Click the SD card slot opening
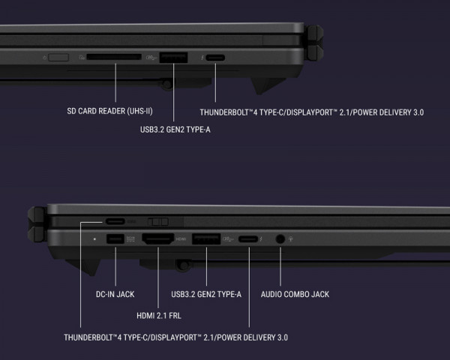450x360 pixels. click(x=114, y=57)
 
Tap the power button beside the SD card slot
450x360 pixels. click(x=58, y=58)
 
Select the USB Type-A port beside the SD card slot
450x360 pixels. click(x=173, y=58)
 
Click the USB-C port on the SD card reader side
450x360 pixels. click(x=215, y=58)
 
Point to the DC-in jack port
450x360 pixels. click(x=115, y=238)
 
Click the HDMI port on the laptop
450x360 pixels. click(x=158, y=238)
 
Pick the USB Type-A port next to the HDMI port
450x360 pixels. click(x=206, y=238)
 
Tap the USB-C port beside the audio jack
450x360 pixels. click(x=248, y=238)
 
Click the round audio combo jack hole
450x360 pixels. click(x=280, y=238)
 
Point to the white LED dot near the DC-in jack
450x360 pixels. click(x=94, y=238)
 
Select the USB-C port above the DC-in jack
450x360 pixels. click(x=115, y=221)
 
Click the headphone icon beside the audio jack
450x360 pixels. click(x=291, y=238)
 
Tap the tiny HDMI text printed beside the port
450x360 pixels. click(x=181, y=238)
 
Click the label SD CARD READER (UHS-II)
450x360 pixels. click(x=109, y=111)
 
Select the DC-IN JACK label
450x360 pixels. click(x=115, y=294)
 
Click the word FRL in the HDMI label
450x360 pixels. click(x=175, y=316)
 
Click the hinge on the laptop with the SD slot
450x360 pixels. click(x=313, y=43)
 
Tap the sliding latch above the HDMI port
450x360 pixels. click(x=158, y=222)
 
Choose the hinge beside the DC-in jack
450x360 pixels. click(x=37, y=224)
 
